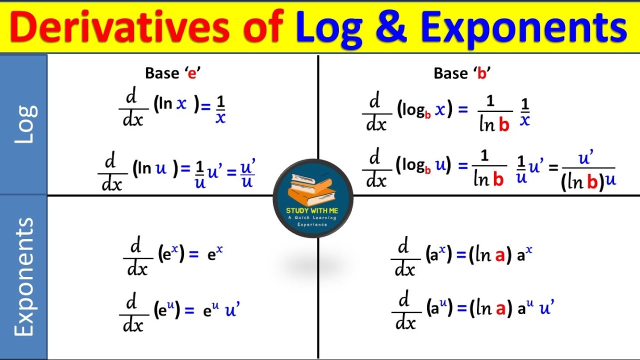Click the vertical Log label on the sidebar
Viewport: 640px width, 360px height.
pos(23,124)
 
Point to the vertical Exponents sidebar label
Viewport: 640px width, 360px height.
pos(23,276)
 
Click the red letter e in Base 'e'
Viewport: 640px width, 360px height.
pos(191,73)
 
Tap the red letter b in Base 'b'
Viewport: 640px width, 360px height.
pos(482,73)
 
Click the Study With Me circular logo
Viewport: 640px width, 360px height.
pos(313,198)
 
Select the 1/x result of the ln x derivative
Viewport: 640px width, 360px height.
pos(220,110)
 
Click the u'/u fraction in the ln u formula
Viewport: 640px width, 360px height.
pos(247,173)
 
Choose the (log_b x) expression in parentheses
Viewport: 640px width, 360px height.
pos(424,110)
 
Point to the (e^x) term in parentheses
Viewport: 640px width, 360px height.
pos(171,254)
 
